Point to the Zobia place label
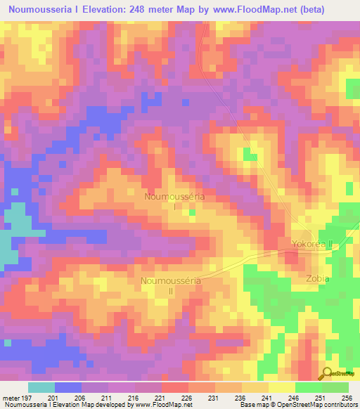click(318, 278)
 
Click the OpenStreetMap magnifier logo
click(327, 374)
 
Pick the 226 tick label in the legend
click(188, 397)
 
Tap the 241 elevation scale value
click(268, 397)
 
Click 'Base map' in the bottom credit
click(254, 405)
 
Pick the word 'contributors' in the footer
click(338, 405)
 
